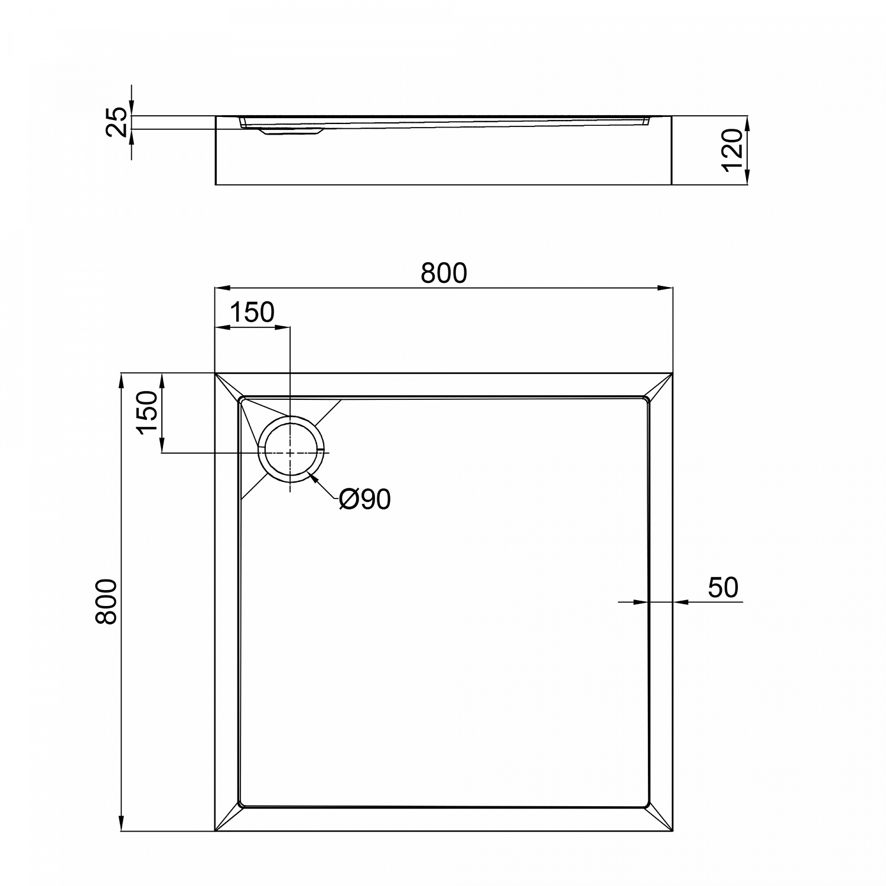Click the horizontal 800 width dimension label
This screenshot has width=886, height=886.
(444, 273)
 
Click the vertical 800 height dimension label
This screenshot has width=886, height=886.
(108, 602)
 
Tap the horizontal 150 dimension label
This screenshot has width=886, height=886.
(252, 312)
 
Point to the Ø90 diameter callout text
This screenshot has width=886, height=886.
(365, 500)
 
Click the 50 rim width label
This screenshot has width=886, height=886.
(723, 588)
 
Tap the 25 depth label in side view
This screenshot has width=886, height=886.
(117, 122)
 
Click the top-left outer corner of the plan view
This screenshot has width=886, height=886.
(216, 373)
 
